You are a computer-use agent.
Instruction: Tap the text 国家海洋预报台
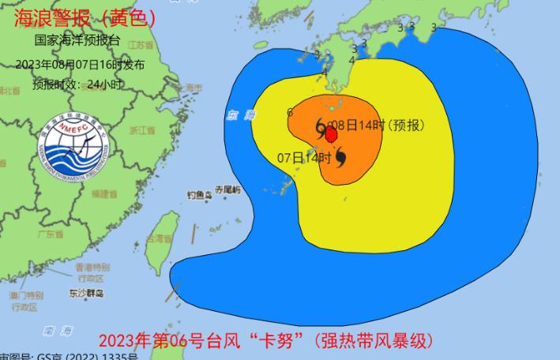[x=77, y=39]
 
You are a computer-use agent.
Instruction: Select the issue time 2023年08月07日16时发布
[x=80, y=65]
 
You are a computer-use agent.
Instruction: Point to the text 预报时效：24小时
[x=77, y=84]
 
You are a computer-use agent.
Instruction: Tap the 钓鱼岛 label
[x=201, y=194]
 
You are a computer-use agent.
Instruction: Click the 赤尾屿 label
[x=227, y=189]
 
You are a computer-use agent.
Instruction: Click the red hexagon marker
[x=332, y=135]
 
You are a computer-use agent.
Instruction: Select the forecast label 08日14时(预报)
[x=376, y=125]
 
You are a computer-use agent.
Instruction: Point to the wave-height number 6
[x=290, y=112]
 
